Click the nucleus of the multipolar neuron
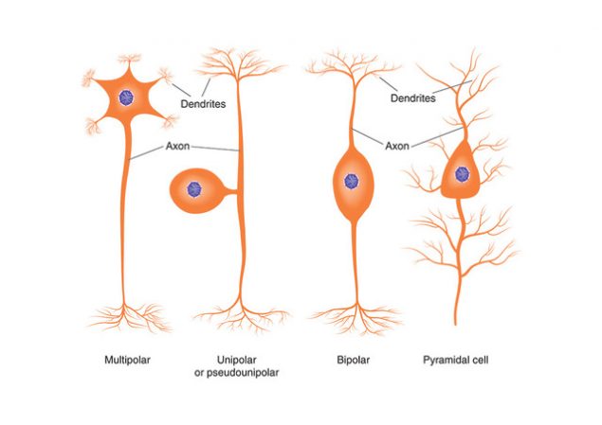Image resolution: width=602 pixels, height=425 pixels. coord(125,98)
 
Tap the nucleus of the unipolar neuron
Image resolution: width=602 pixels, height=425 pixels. coord(195,188)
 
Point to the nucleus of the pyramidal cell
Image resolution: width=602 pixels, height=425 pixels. coord(463,172)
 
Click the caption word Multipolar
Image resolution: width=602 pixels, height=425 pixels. coord(127,361)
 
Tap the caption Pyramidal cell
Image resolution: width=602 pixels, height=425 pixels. coord(462,361)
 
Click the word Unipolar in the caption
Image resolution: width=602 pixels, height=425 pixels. coord(237,361)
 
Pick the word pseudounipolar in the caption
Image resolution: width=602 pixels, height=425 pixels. coord(249,373)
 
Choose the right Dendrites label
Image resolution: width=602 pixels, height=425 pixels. coord(413,97)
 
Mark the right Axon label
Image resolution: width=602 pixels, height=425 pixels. coord(397,147)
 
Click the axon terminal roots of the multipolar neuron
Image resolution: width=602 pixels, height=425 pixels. coord(125,317)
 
